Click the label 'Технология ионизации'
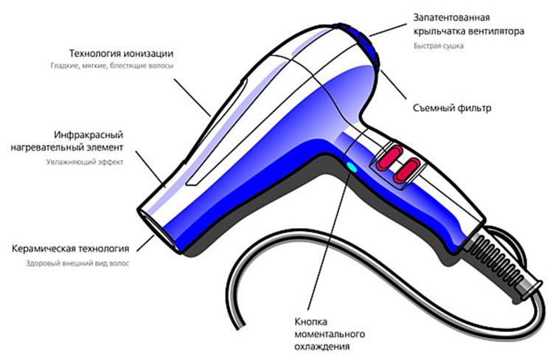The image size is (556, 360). [x=121, y=54]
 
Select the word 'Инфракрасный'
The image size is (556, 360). [x=88, y=136]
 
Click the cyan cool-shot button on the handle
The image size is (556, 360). [x=351, y=167]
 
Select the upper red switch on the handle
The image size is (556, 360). [x=392, y=154]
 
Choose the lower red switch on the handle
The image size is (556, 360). [x=406, y=170]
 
